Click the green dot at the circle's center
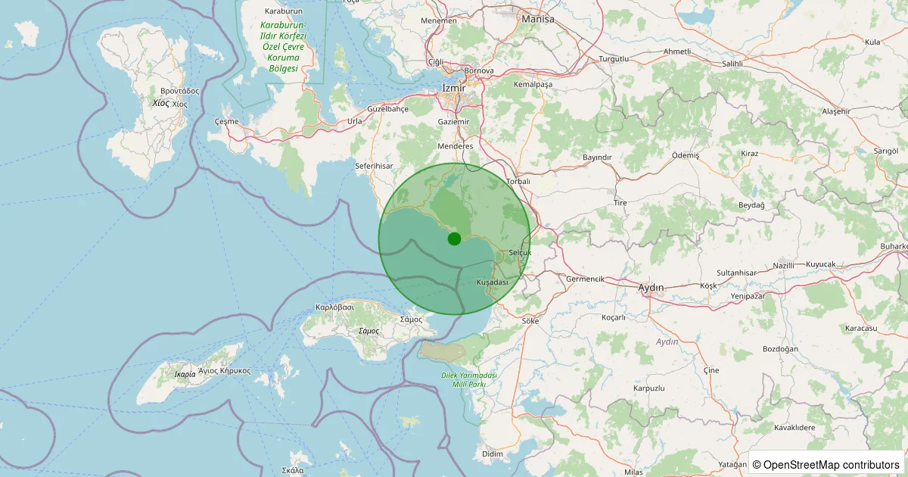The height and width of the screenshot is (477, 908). [454, 238]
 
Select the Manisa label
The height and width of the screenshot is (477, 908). [538, 19]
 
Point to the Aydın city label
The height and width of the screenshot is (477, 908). [651, 288]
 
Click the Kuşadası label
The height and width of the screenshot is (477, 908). [492, 282]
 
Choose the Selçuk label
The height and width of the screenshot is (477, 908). [521, 252]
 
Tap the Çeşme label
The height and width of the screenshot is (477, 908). [226, 121]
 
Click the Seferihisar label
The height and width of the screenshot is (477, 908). [375, 165]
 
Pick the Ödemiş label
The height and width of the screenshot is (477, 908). [687, 154]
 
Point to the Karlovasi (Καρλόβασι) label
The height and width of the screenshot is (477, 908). [335, 308]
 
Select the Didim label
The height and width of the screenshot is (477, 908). [492, 454]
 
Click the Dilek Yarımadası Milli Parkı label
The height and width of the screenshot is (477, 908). [468, 380]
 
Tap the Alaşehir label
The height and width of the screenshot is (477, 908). [836, 111]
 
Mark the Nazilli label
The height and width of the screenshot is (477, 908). [784, 266]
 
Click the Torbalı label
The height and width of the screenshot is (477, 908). [518, 182]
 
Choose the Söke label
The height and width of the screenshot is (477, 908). [530, 321]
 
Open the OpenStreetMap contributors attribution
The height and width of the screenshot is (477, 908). [828, 464]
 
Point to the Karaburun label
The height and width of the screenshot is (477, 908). [284, 11]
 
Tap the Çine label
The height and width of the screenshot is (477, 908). [711, 370]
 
